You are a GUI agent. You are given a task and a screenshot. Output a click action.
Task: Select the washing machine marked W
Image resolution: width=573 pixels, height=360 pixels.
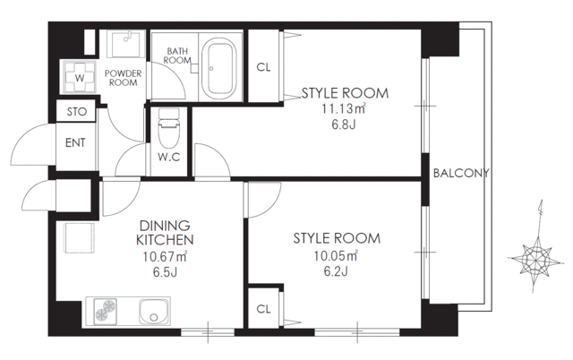pyautogui.click(x=80, y=77)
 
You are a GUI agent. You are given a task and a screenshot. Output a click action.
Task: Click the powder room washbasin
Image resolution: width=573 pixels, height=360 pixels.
pyautogui.click(x=124, y=44)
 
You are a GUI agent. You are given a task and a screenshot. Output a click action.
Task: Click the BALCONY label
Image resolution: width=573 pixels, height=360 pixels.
pyautogui.click(x=460, y=174)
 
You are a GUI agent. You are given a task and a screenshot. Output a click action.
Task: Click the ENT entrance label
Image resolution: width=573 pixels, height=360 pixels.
pyautogui.click(x=74, y=142)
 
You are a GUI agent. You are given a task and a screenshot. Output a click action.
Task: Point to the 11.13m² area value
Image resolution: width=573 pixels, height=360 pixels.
pyautogui.click(x=345, y=109)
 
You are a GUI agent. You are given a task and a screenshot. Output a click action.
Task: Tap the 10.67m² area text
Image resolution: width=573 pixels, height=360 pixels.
pyautogui.click(x=166, y=256)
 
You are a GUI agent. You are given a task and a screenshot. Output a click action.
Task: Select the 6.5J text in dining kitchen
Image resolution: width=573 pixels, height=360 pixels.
pyautogui.click(x=166, y=271)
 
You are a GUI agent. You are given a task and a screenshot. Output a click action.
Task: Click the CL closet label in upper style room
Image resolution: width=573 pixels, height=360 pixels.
pyautogui.click(x=263, y=67)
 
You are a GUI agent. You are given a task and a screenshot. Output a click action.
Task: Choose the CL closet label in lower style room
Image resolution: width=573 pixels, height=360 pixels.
pyautogui.click(x=263, y=309)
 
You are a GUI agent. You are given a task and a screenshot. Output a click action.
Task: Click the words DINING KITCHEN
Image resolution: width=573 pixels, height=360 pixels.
pyautogui.click(x=166, y=232)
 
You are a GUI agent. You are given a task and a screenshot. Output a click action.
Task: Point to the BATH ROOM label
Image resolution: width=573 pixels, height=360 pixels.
pyautogui.click(x=178, y=56)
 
